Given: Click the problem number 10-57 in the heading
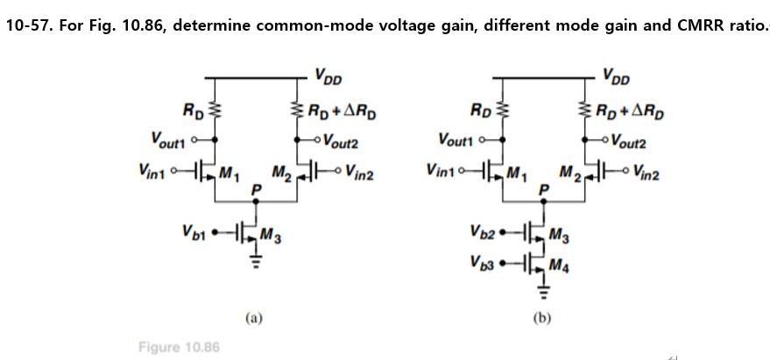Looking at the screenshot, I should tap(25, 25).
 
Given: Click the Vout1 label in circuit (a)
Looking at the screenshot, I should tap(171, 138).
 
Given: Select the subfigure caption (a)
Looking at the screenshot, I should tap(253, 317).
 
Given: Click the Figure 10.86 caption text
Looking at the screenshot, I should tap(179, 348).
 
